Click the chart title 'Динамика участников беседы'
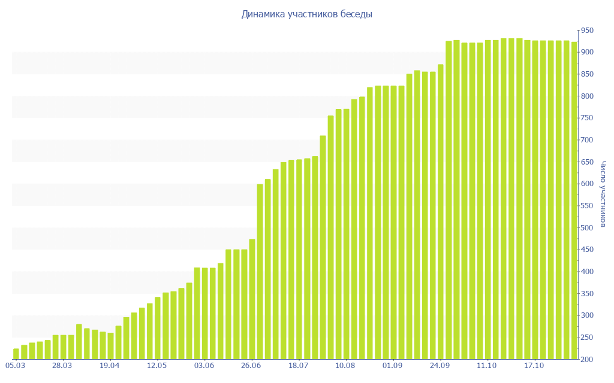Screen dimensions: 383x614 [x=306, y=14]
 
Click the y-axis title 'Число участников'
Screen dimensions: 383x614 [x=603, y=194]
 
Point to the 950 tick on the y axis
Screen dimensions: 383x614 [x=586, y=31]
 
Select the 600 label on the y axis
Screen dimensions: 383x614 [x=586, y=184]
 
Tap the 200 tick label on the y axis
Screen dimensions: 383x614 [x=586, y=359]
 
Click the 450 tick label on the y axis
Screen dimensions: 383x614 [x=586, y=250]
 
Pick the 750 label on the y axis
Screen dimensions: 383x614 [x=586, y=118]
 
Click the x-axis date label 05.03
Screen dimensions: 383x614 [x=15, y=365]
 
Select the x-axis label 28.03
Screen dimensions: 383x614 [x=62, y=365]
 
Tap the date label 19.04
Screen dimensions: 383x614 [x=110, y=365]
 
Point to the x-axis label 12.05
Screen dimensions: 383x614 [x=157, y=365]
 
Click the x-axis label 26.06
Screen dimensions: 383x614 [x=251, y=365]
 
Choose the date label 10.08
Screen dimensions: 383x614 [x=346, y=365]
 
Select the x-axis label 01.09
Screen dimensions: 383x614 [x=393, y=365]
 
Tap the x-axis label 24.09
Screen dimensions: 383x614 [x=440, y=365]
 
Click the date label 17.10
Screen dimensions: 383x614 [x=534, y=365]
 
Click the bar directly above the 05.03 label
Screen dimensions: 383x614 [x=16, y=354]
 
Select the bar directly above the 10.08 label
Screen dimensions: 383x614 [x=347, y=234]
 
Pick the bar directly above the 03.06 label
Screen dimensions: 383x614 [x=205, y=314]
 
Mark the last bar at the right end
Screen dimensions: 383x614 [x=574, y=200]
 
